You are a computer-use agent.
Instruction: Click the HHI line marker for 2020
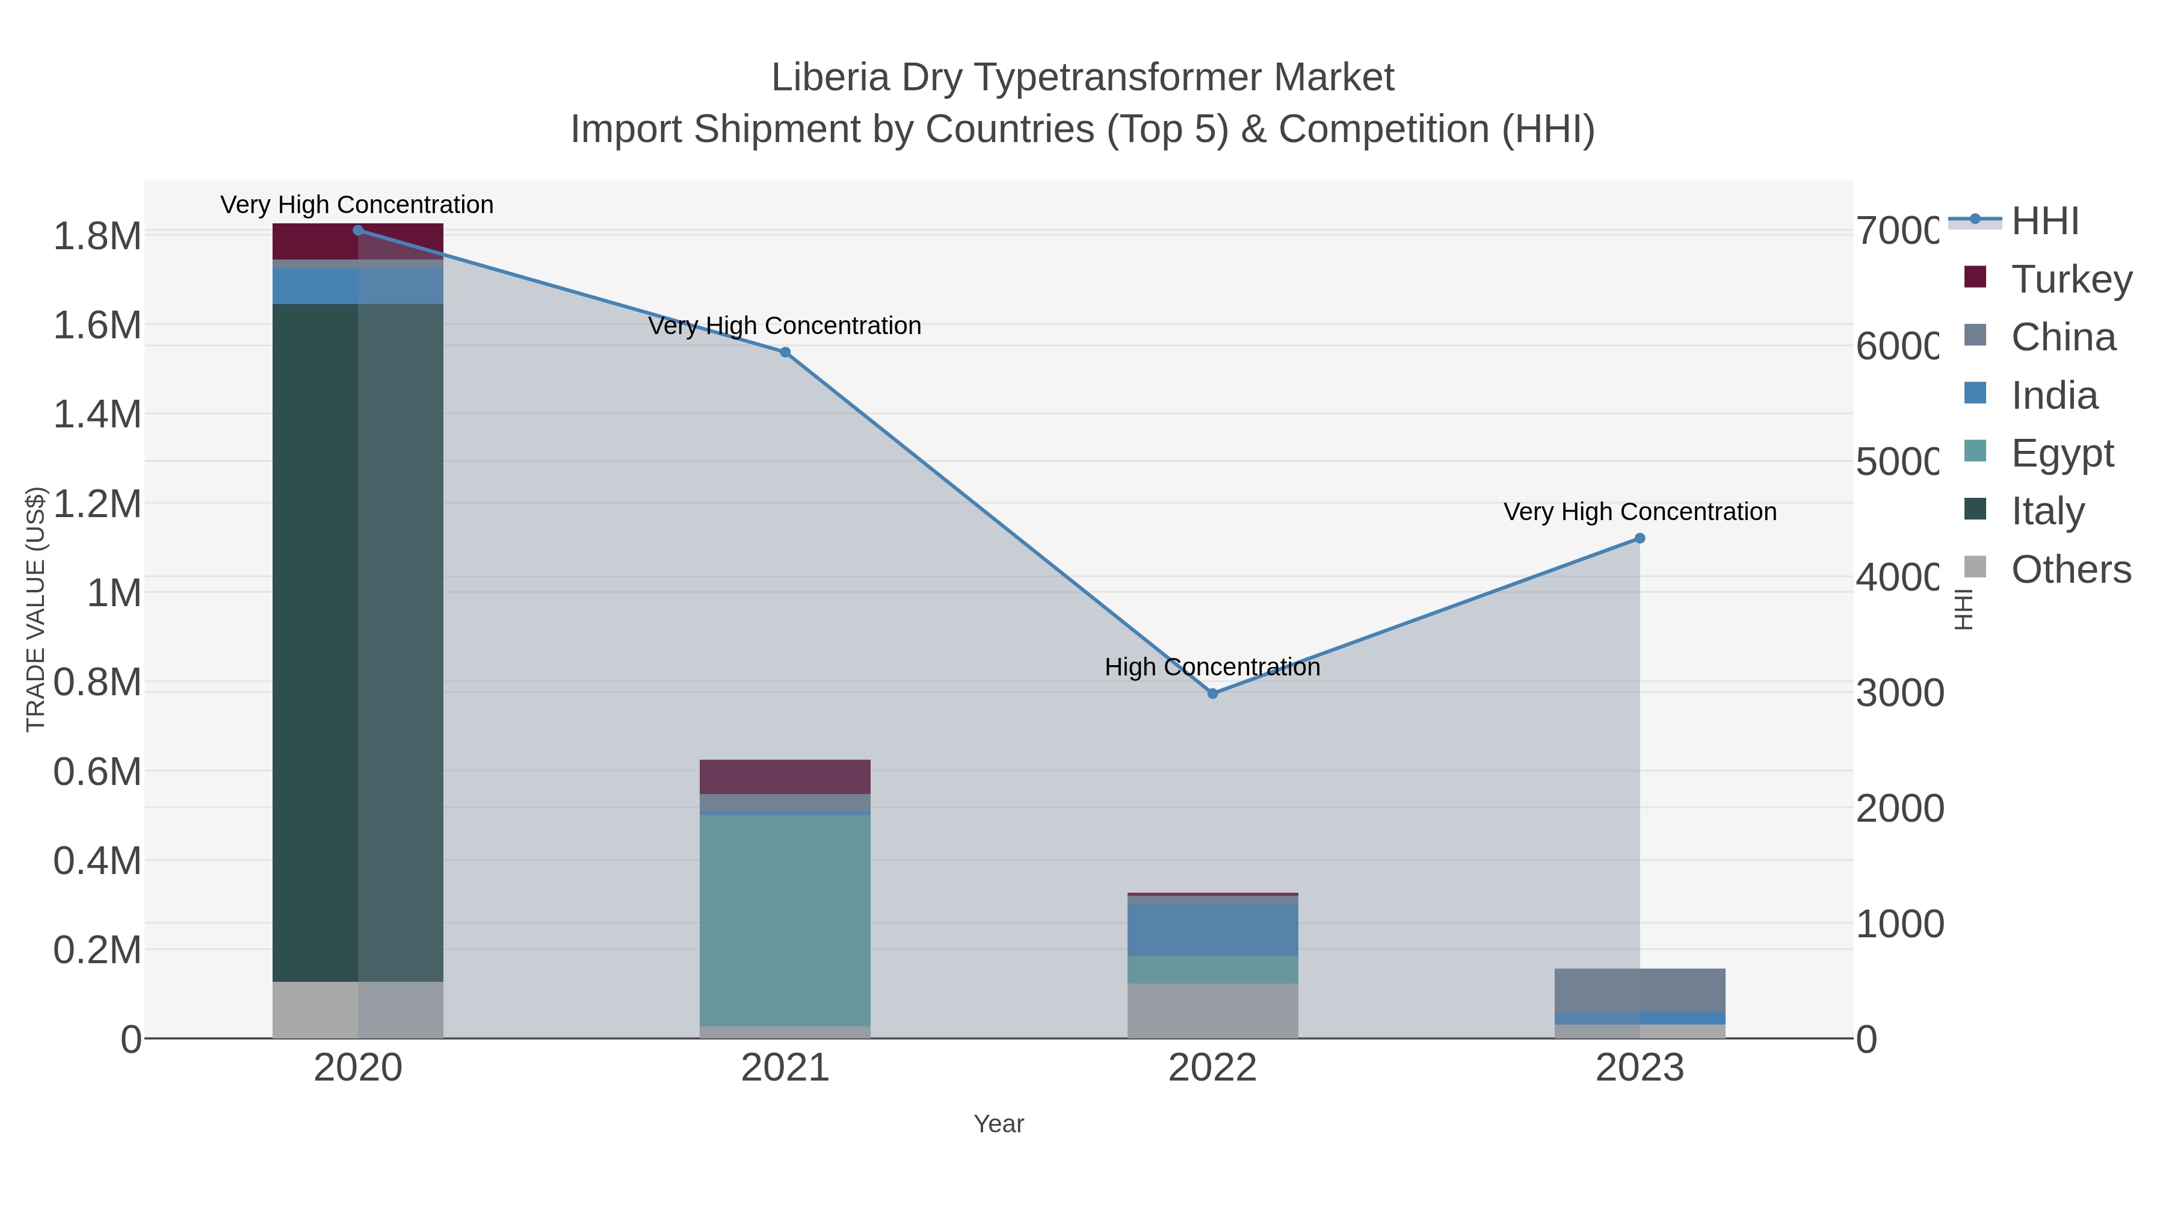[x=358, y=231]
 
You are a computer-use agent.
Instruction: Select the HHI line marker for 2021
[x=785, y=353]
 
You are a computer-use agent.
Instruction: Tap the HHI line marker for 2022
[x=1212, y=694]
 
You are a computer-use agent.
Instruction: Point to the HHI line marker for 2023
[x=1640, y=538]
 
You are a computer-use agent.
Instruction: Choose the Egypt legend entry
[x=2062, y=453]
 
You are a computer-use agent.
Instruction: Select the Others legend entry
[x=2070, y=569]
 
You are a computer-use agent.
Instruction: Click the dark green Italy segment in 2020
[x=315, y=639]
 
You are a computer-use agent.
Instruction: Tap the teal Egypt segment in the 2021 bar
[x=785, y=917]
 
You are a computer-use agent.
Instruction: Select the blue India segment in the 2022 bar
[x=1212, y=929]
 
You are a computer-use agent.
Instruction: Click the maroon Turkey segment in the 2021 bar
[x=785, y=777]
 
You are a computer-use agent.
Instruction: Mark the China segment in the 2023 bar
[x=1640, y=989]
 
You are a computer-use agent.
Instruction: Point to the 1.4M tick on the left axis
[x=97, y=415]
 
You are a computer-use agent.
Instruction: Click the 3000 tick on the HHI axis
[x=1899, y=694]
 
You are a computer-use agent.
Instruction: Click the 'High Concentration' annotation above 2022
[x=1212, y=667]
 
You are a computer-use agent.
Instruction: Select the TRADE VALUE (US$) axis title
[x=35, y=609]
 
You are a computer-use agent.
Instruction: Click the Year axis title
[x=999, y=1124]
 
